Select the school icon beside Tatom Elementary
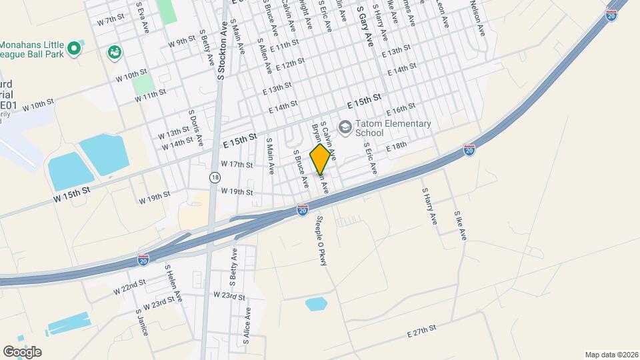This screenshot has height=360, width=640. coord(345,126)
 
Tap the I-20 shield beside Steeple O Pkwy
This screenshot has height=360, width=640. coord(303,211)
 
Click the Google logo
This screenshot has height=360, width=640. coord(23,351)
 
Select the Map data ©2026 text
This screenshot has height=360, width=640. coord(611,355)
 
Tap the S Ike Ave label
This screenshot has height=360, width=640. coord(460,226)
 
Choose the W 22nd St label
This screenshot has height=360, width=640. coord(129,287)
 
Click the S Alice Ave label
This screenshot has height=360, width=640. coord(247,325)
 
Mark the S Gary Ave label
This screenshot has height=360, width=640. coord(365,27)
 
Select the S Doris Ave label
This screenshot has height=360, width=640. coord(195,128)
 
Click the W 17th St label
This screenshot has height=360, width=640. coord(237,164)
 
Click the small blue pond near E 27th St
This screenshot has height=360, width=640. coord(316,305)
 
